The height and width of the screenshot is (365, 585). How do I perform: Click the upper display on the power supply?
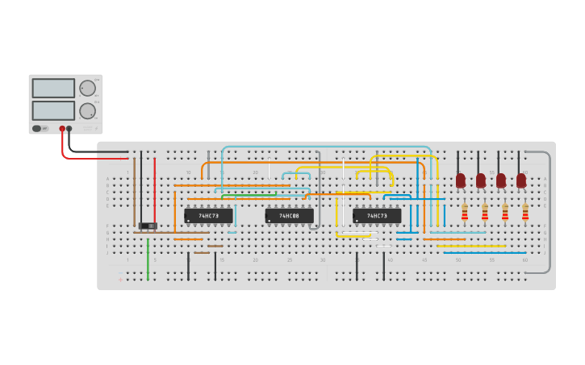[53, 88]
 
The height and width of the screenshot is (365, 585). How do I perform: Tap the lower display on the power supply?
[53, 110]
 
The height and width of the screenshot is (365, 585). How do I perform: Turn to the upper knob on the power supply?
[87, 88]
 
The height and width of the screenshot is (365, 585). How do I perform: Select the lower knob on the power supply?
[87, 111]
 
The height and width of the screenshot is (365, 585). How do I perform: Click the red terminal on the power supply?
[62, 129]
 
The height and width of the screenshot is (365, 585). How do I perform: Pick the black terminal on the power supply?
[69, 129]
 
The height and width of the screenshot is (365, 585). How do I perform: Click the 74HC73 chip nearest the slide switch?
[208, 216]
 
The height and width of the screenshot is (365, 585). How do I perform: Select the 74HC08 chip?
[289, 216]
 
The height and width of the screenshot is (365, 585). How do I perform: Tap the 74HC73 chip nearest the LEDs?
[377, 216]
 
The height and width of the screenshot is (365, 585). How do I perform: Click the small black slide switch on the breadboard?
[148, 226]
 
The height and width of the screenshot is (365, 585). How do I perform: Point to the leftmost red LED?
[461, 180]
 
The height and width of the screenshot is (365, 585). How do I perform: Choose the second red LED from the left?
[481, 180]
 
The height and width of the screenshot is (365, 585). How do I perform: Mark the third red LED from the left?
[501, 180]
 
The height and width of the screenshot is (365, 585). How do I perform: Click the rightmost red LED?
[521, 180]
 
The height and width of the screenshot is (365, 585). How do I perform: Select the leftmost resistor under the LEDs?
[464, 212]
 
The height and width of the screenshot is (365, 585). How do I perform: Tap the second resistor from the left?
[484, 212]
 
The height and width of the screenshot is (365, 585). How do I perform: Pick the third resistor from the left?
[505, 212]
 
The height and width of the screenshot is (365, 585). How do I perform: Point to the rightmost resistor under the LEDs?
[525, 212]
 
